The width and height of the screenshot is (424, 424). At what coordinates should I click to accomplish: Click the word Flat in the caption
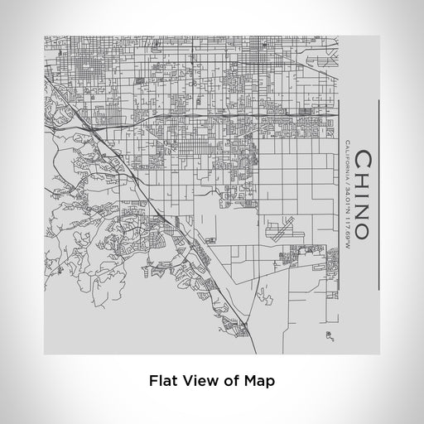click(164, 382)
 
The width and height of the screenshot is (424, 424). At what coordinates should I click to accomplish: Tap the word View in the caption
click(200, 382)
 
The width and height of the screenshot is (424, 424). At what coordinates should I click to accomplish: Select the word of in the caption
click(229, 382)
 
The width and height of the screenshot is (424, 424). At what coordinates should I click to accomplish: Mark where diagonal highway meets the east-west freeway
click(85, 113)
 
